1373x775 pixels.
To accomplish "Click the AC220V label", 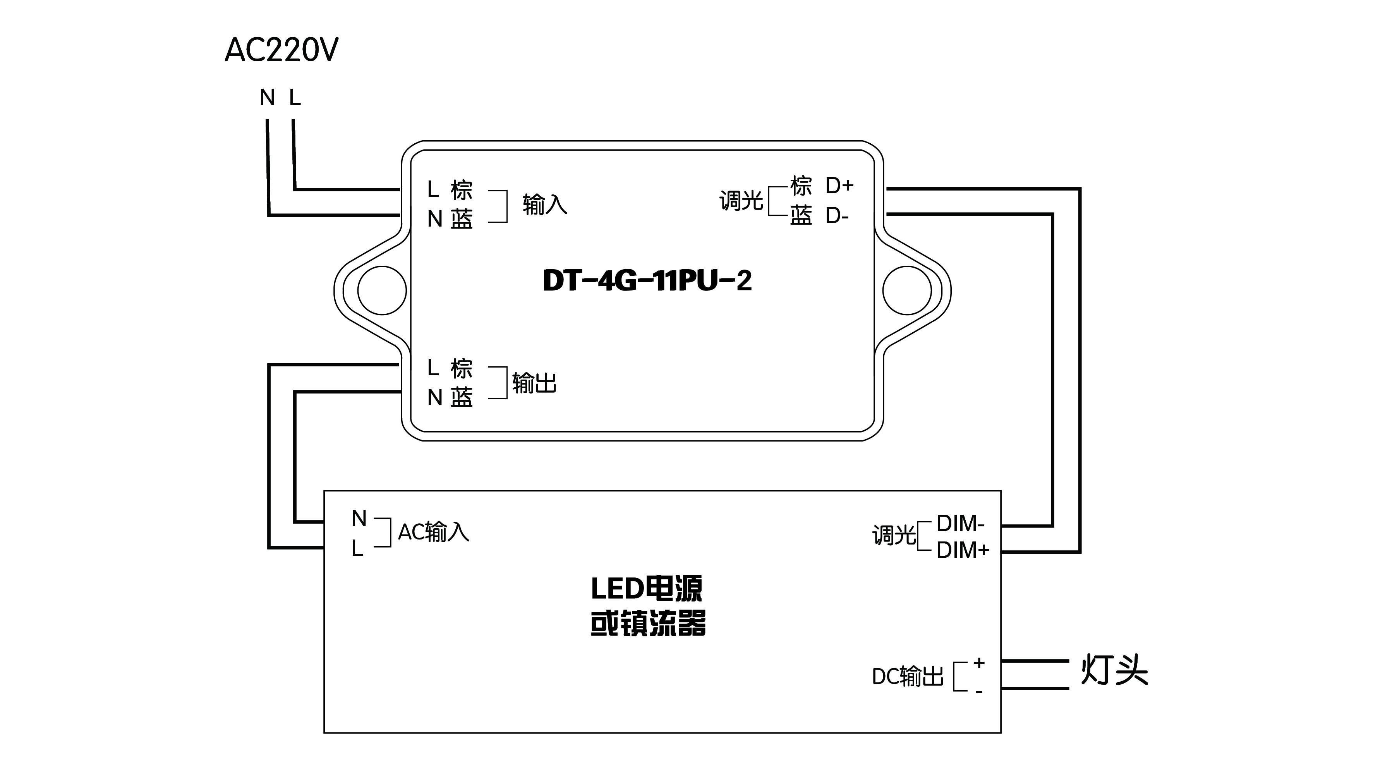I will (x=281, y=51).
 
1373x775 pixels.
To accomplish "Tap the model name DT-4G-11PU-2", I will (x=647, y=280).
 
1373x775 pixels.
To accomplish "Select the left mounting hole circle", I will (x=382, y=290).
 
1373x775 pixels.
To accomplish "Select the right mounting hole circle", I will (x=907, y=290).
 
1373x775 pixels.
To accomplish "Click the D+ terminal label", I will (x=839, y=186).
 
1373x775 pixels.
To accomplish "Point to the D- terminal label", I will (x=837, y=216).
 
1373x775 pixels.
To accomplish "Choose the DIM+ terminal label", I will (x=963, y=550).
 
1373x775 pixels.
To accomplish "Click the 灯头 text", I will (x=1114, y=670).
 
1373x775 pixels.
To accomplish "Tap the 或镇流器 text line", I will (x=648, y=623).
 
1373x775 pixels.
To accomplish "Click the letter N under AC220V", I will (x=268, y=98).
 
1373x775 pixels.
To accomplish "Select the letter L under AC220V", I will (x=295, y=98).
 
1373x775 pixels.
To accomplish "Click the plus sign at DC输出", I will (x=978, y=663).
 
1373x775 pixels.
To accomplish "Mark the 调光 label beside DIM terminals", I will (x=894, y=535).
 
